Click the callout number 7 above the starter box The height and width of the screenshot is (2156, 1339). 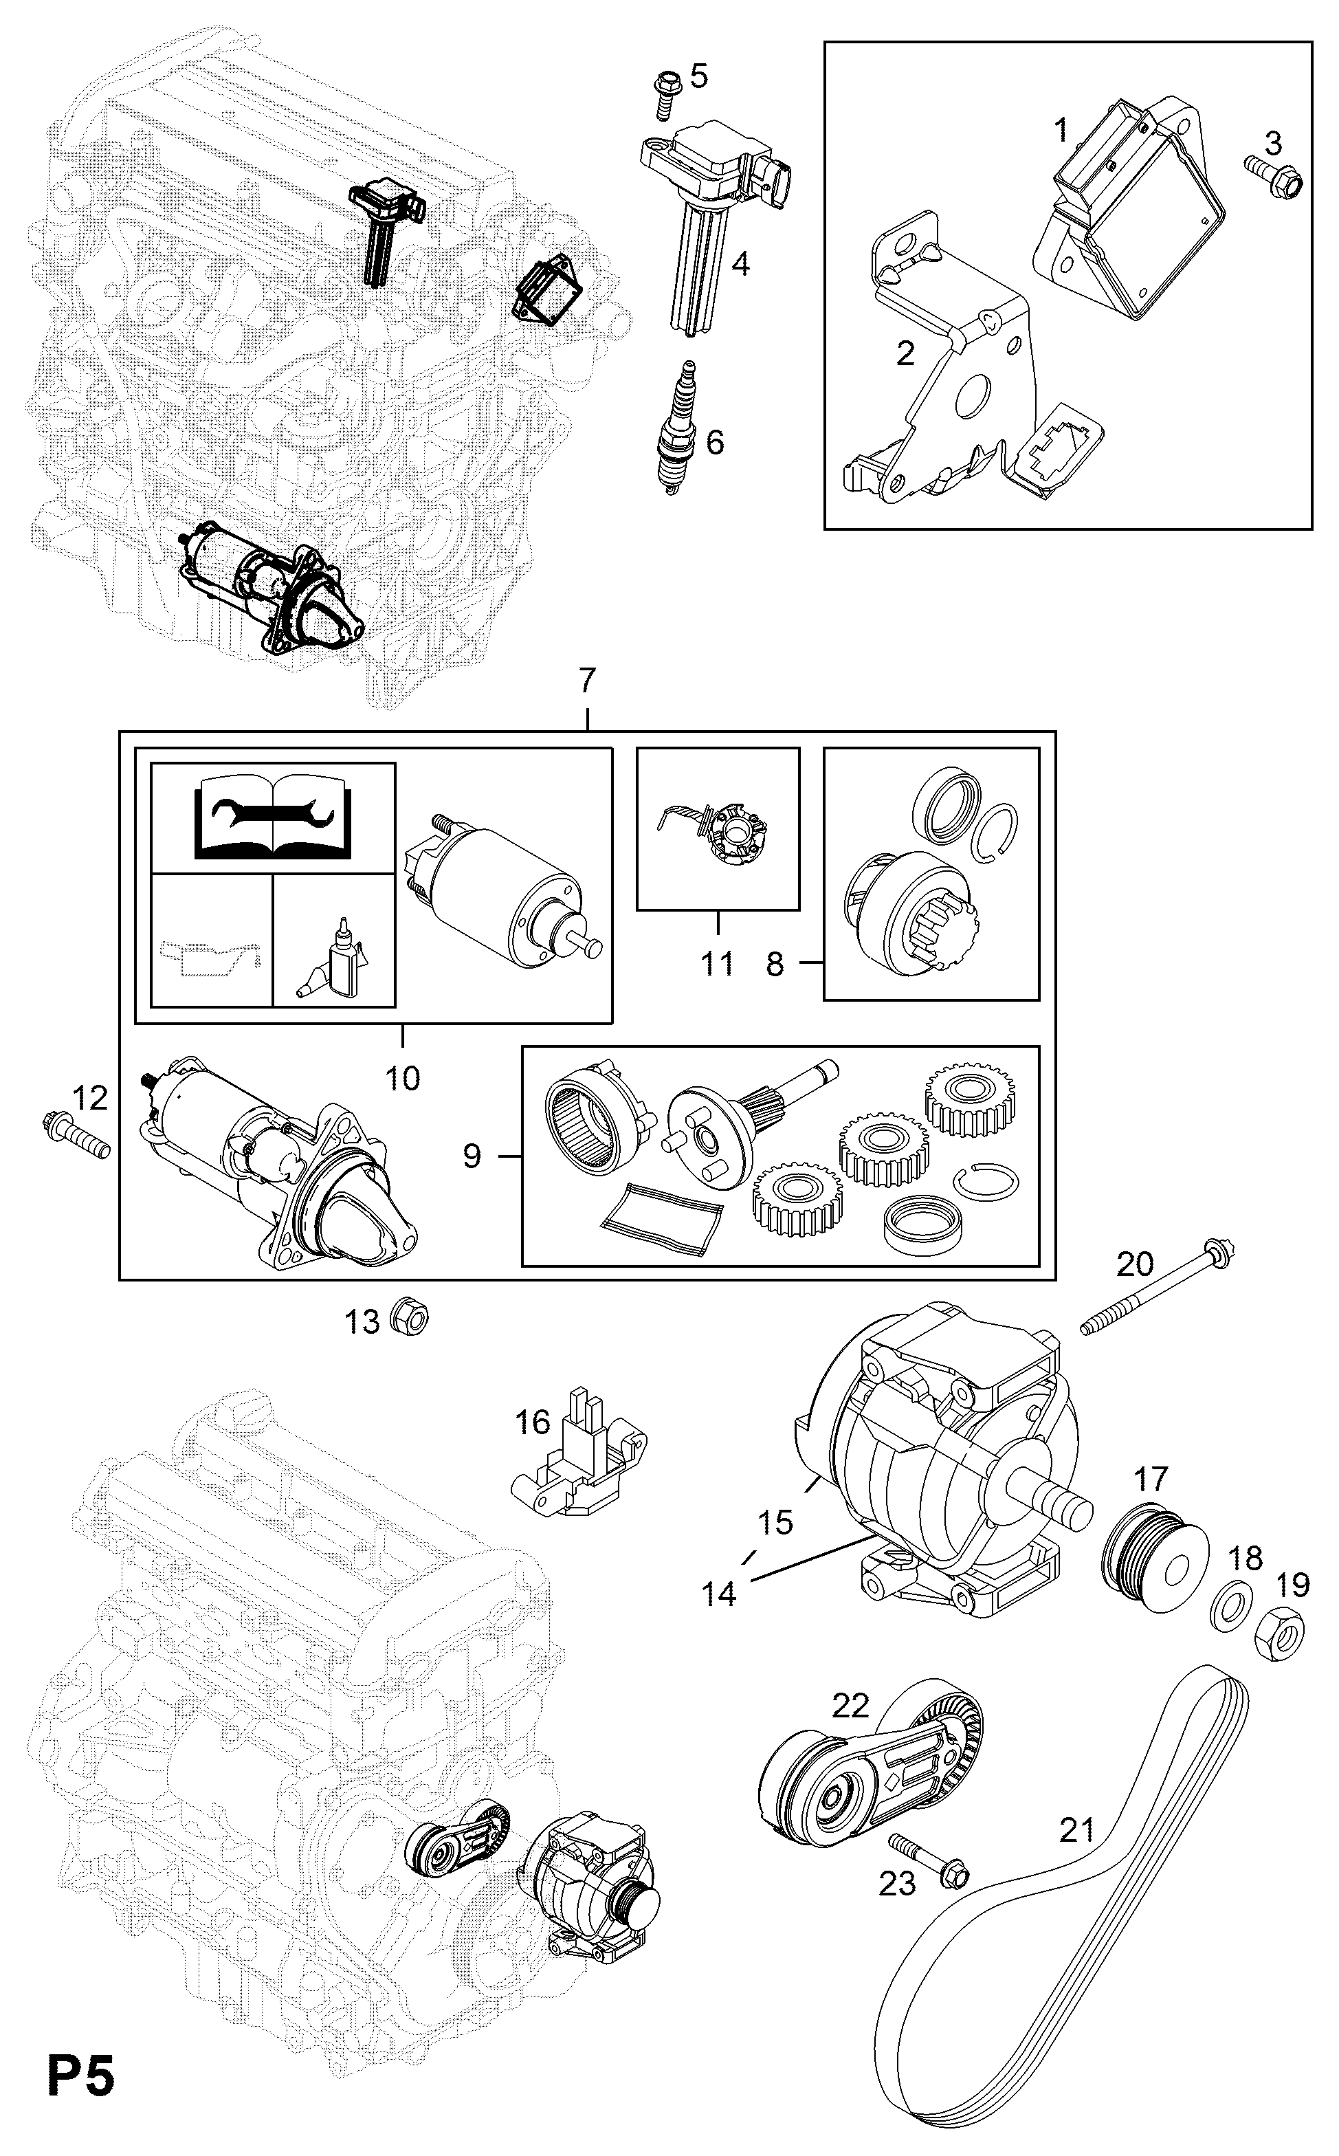[587, 681]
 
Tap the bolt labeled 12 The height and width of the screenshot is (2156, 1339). [77, 1136]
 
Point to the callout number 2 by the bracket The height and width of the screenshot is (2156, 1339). [904, 353]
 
